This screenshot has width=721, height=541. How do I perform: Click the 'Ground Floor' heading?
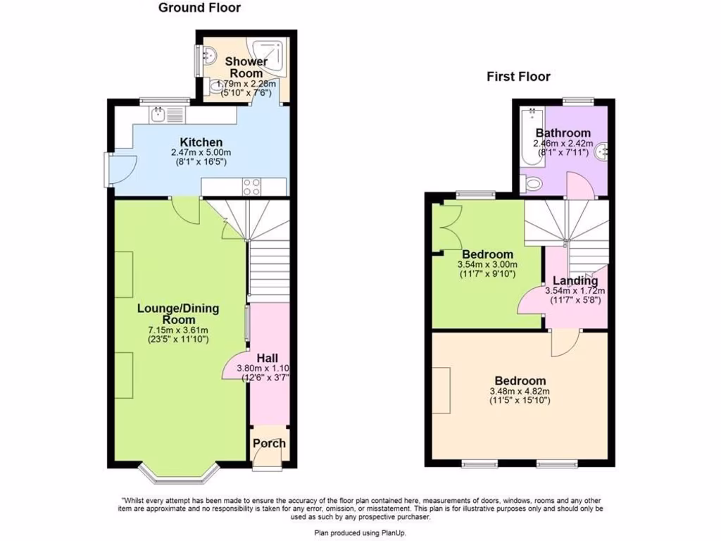pos(199,8)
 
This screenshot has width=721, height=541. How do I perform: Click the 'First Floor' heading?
pos(518,77)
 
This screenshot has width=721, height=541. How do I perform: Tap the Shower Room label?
pos(246,67)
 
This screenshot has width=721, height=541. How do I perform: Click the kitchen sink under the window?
pos(159,113)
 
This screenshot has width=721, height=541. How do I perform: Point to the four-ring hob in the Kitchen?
pos(253,187)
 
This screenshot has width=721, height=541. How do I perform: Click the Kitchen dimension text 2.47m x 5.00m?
pos(201,153)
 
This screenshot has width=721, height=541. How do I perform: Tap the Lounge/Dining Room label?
pos(177,313)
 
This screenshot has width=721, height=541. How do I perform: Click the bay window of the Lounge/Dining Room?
pos(177,475)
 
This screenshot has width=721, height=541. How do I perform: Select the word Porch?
pos(269,443)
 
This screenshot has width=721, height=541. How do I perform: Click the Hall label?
pos(268,358)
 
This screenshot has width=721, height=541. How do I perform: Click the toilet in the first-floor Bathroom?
pos(532,185)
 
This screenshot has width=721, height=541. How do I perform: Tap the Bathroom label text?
pos(563,133)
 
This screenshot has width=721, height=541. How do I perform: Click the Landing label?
pos(575,281)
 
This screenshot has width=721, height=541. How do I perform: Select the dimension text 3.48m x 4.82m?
pos(519,392)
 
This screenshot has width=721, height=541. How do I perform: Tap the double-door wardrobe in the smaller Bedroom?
pos(446,226)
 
